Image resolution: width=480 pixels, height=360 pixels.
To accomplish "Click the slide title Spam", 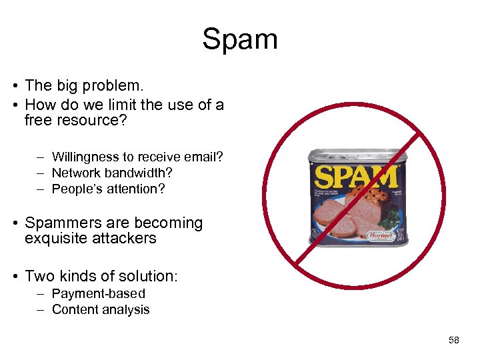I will (x=240, y=39).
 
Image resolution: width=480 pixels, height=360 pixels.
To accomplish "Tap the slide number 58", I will (x=454, y=341).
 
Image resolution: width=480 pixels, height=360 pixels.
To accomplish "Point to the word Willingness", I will (x=85, y=157).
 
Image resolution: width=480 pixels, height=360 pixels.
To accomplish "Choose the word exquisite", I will (x=55, y=239).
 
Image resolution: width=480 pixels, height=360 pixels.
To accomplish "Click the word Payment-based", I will (x=99, y=294).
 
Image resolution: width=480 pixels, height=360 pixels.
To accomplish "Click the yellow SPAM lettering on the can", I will (x=356, y=176).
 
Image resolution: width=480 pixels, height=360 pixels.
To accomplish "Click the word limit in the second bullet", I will (x=111, y=105).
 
